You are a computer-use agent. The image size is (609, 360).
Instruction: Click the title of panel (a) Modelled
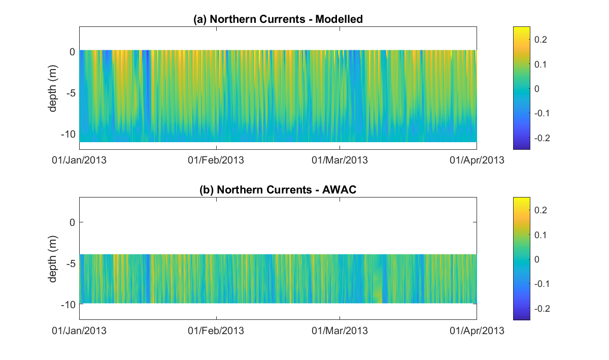[278, 19]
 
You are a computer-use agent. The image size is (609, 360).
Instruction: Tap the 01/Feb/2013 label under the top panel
[216, 160]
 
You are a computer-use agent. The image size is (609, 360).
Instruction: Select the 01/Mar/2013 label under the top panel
[340, 160]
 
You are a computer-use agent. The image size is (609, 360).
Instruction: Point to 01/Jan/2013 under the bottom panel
[79, 331]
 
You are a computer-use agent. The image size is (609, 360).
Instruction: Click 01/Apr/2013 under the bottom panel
[477, 331]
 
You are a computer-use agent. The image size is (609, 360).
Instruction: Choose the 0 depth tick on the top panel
[72, 51]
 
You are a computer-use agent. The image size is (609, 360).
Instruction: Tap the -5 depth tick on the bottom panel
[71, 263]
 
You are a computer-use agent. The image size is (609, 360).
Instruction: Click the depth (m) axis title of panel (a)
[53, 92]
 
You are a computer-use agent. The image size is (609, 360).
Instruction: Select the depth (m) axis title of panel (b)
[53, 263]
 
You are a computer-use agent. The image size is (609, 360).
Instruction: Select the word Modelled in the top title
[339, 19]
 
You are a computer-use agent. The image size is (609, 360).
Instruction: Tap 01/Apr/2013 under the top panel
[477, 160]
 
